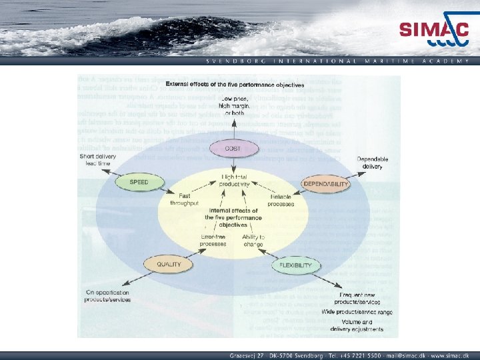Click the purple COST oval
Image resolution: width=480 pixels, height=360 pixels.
click(233, 149)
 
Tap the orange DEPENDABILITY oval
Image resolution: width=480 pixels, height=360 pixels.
click(326, 183)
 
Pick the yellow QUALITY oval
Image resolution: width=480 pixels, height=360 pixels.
click(169, 264)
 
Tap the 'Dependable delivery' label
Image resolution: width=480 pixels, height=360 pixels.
click(373, 163)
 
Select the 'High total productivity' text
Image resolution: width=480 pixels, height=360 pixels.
click(235, 180)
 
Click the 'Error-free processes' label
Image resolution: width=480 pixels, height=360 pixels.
click(213, 240)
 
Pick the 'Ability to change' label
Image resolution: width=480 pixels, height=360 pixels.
click(253, 240)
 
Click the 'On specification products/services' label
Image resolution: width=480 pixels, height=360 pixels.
click(107, 296)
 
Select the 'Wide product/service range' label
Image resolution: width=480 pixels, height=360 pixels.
click(357, 312)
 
